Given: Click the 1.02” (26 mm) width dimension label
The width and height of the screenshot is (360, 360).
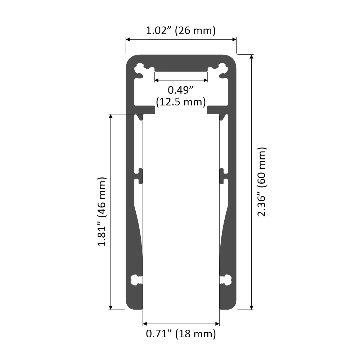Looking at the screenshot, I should tap(181, 31).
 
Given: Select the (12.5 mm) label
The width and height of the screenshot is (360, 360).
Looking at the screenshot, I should tap(181, 102).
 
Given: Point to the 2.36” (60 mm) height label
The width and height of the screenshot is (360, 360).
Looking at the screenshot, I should tap(262, 182).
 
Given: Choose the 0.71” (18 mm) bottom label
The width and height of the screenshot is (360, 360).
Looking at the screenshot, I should tap(181, 334).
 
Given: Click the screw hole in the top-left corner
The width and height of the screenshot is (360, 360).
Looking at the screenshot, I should tap(139, 68).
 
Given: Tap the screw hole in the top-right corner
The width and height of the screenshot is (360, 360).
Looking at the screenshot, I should tap(223, 68).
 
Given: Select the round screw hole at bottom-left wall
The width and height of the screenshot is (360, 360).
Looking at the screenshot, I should tap(135, 279).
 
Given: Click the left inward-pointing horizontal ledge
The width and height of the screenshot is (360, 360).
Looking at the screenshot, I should tap(145, 109).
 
